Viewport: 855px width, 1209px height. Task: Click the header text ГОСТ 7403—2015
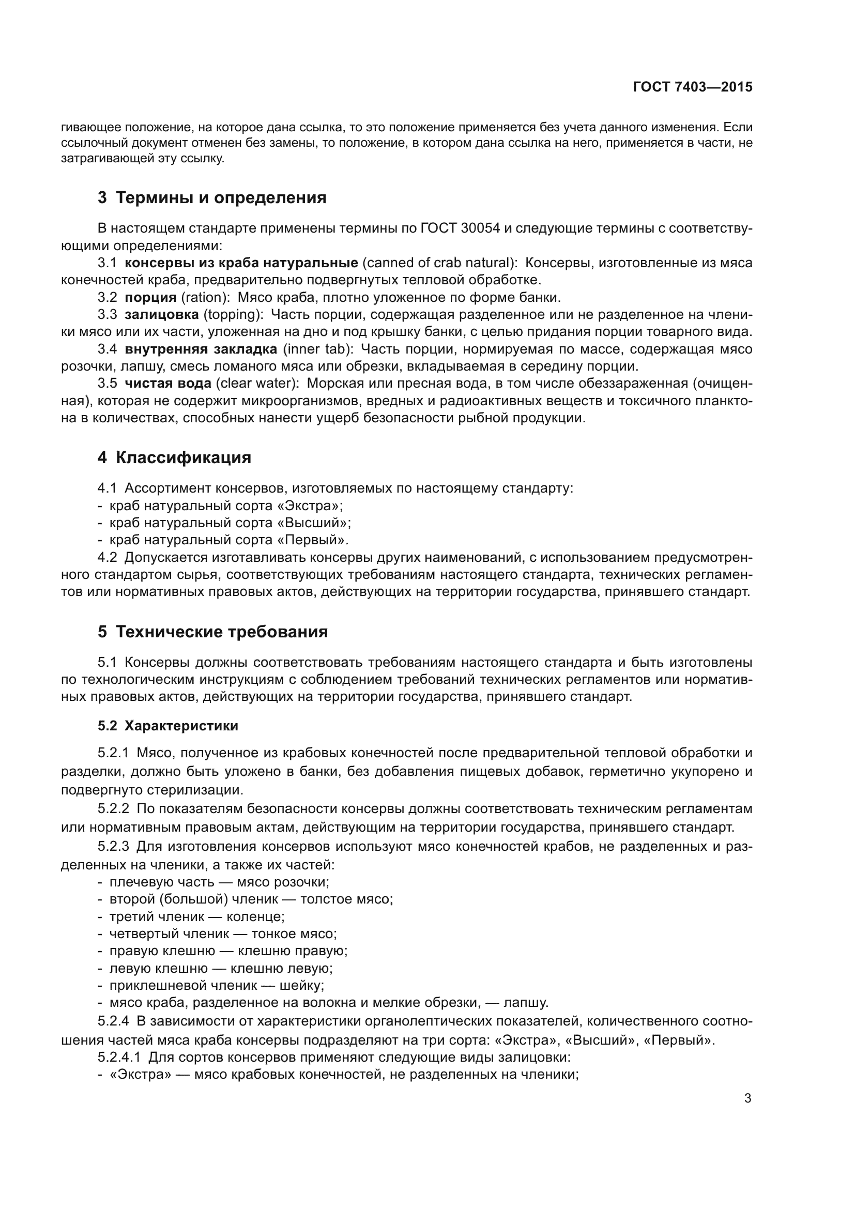pyautogui.click(x=692, y=87)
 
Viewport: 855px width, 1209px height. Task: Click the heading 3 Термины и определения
pyautogui.click(x=211, y=197)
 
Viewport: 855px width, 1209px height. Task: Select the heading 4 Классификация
pyautogui.click(x=174, y=457)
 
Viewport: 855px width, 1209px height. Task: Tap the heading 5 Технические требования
pyautogui.click(x=212, y=631)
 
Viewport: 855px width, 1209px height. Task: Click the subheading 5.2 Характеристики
pyautogui.click(x=167, y=726)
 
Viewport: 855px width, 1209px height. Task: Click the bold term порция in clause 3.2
pyautogui.click(x=150, y=298)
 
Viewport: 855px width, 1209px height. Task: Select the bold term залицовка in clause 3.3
pyautogui.click(x=162, y=315)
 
